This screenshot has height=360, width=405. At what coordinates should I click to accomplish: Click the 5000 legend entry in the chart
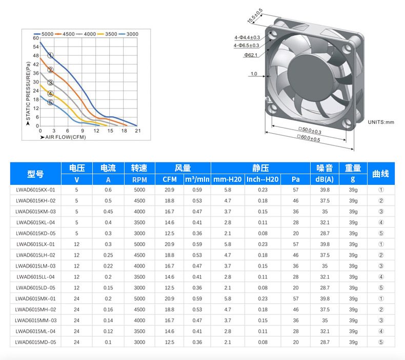pyautogui.click(x=44, y=34)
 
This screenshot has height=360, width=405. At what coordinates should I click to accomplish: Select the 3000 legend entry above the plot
pyautogui.click(x=129, y=34)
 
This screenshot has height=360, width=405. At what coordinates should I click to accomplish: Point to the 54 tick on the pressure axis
pyautogui.click(x=36, y=47)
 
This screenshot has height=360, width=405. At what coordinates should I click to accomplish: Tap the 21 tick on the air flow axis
pyautogui.click(x=138, y=131)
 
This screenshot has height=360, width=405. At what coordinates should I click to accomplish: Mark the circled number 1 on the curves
pyautogui.click(x=50, y=55)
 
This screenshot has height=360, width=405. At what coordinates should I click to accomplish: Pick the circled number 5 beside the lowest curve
pyautogui.click(x=50, y=102)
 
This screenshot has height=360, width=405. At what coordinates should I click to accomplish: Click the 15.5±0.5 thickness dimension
pyautogui.click(x=255, y=16)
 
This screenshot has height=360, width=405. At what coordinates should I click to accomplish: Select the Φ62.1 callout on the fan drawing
pyautogui.click(x=251, y=55)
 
